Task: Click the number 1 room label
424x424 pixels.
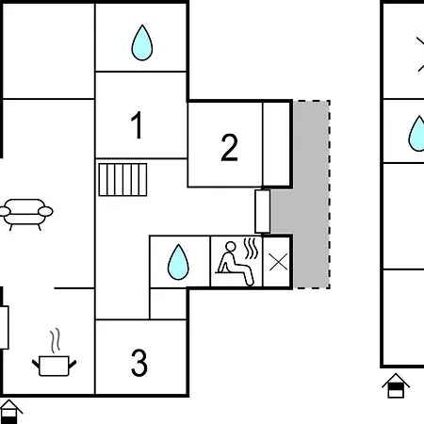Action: [x=137, y=125]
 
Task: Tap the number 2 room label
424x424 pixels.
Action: [x=229, y=148]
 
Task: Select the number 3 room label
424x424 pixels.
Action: [x=139, y=363]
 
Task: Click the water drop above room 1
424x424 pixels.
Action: [x=142, y=42]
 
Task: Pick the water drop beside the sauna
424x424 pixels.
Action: [x=178, y=262]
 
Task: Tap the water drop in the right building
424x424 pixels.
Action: [x=417, y=134]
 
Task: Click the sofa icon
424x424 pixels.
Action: [x=26, y=214]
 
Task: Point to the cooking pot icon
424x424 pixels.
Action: [x=54, y=366]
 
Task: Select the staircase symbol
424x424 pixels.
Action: [x=122, y=180]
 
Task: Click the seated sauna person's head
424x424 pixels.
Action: [x=231, y=246]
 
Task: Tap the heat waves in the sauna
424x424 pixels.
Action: [x=252, y=248]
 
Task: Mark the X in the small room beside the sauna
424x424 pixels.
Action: [x=278, y=262]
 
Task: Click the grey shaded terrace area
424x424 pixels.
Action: [x=311, y=195]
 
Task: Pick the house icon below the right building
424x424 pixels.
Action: [x=396, y=386]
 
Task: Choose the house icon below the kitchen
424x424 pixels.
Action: [x=10, y=412]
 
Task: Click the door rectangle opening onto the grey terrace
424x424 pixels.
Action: [x=263, y=211]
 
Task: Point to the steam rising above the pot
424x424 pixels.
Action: [x=56, y=340]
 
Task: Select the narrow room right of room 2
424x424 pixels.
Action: [x=276, y=144]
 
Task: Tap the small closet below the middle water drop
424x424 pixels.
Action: [x=168, y=303]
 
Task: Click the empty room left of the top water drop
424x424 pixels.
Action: [x=49, y=51]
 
